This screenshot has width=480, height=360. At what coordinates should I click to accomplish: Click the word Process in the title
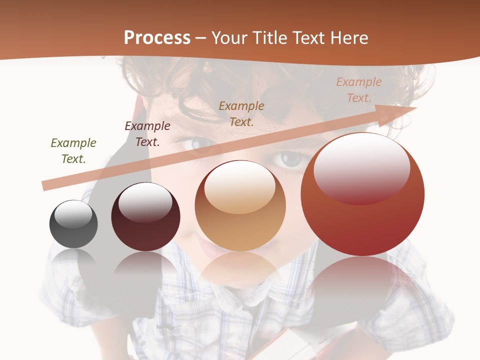tap(157, 38)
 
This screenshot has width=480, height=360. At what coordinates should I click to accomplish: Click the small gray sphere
tap(73, 224)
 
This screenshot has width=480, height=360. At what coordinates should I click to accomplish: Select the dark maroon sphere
tap(145, 217)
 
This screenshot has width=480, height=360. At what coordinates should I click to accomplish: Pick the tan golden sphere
tap(240, 205)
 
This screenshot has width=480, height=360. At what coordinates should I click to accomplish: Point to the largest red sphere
tap(362, 194)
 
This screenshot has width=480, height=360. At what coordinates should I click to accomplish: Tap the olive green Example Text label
tap(73, 151)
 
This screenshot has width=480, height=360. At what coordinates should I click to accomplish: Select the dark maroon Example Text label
tap(147, 134)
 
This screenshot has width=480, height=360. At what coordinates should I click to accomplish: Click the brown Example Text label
tap(241, 113)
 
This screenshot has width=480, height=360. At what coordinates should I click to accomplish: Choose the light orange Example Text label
tap(359, 90)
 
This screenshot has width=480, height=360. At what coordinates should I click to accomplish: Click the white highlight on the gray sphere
tap(73, 213)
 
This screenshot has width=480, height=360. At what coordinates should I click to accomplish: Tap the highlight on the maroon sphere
tap(145, 202)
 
